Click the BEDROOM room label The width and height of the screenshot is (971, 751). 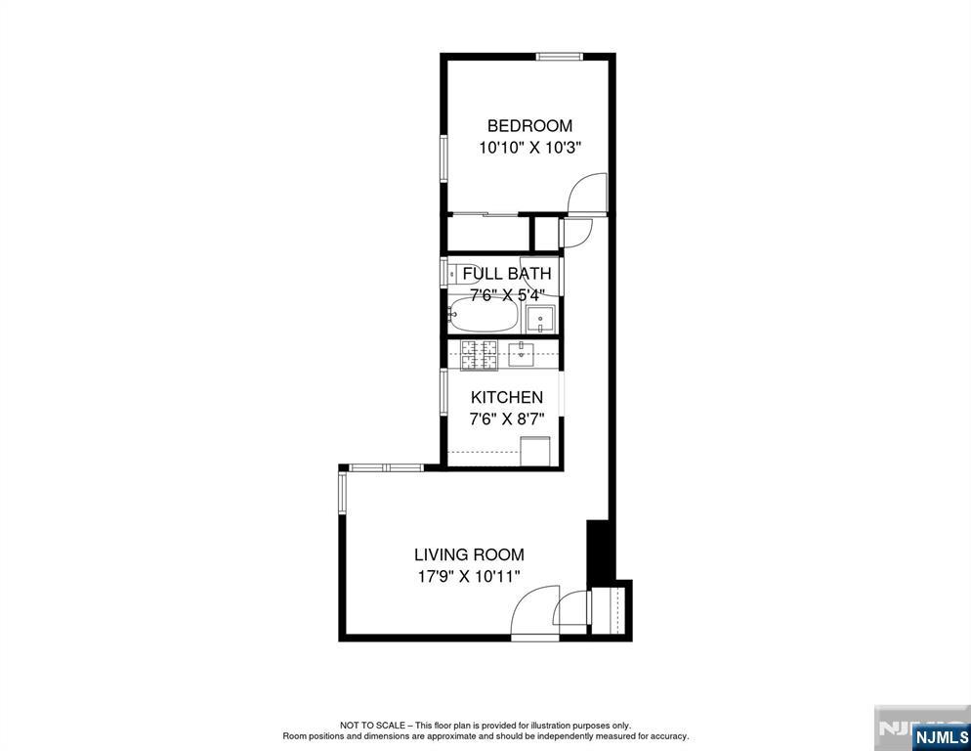[529, 126]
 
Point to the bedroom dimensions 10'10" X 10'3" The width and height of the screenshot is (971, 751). [529, 149]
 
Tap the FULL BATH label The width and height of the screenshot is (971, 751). [507, 274]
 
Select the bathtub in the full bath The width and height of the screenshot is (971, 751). [483, 316]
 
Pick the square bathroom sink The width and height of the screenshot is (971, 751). [540, 320]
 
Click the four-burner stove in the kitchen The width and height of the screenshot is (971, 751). [479, 355]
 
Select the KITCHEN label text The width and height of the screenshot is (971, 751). [507, 397]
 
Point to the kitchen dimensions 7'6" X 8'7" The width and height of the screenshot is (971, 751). [507, 420]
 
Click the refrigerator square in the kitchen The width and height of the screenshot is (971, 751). [535, 452]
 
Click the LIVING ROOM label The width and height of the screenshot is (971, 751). [470, 554]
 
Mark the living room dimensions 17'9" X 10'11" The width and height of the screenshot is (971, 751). [470, 577]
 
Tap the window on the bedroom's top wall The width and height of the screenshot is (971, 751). [559, 57]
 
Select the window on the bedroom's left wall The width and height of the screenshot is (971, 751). [443, 158]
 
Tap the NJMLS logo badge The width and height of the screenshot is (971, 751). [941, 736]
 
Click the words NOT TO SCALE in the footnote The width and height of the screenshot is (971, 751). [372, 725]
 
